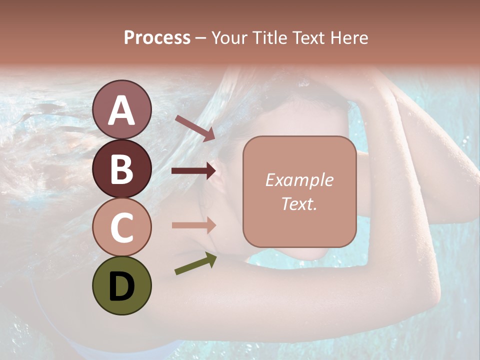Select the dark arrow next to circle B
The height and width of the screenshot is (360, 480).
(193, 171)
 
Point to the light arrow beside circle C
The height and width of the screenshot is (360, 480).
(193, 225)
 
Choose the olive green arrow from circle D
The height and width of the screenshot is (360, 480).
(195, 263)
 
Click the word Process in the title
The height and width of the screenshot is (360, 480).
(157, 37)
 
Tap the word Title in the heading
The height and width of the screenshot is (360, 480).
(269, 37)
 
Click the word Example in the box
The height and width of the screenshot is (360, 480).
(299, 180)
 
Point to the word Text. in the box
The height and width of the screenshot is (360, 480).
(299, 203)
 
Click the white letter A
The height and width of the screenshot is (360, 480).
(121, 110)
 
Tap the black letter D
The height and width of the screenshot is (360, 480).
(121, 286)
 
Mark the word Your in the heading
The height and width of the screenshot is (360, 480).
(229, 37)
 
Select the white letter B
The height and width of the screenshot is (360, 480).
(121, 169)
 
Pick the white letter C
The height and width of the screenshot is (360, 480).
(121, 227)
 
